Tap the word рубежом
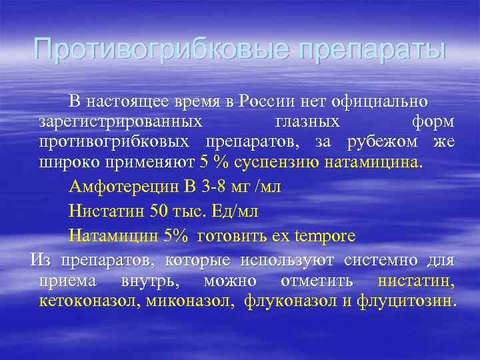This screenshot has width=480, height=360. (383, 142)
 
